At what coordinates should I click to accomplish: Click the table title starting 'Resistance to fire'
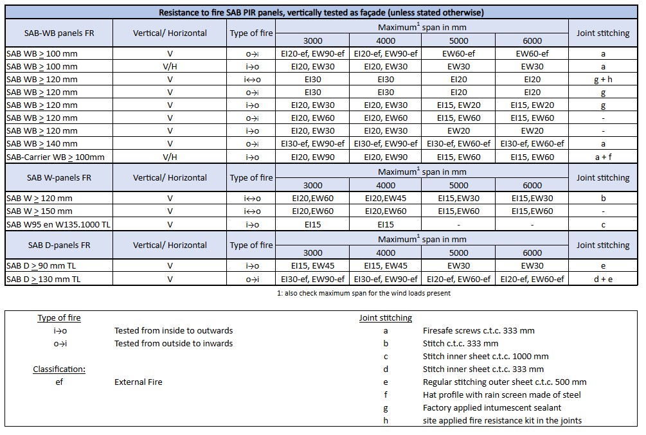coord(322,12)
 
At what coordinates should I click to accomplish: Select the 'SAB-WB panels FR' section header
coord(58,33)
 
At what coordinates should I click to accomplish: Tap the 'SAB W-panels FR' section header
coord(58,177)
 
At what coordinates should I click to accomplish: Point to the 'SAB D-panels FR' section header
coord(58,245)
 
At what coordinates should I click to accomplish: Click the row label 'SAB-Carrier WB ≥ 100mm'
coord(55,157)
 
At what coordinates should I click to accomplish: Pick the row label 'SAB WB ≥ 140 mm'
coord(42,144)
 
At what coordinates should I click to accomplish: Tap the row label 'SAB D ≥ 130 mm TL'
coord(43,279)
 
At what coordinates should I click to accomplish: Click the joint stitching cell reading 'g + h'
coord(602,80)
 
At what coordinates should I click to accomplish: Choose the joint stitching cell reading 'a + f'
coord(602,157)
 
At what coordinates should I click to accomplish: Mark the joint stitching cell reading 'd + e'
coord(602,279)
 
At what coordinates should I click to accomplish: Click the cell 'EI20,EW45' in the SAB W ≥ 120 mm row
coord(386,199)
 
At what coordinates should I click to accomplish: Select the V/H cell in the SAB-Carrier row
coord(170,157)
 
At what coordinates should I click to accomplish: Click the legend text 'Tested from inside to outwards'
coord(174,331)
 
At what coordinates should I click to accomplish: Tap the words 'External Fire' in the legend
coord(138,382)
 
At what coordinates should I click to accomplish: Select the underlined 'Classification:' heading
coord(59,369)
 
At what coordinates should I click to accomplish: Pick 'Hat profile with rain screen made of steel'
coord(502,395)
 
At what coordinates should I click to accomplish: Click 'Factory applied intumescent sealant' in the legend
coord(492,407)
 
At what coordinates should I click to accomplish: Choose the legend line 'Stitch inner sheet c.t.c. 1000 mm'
coord(485,357)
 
